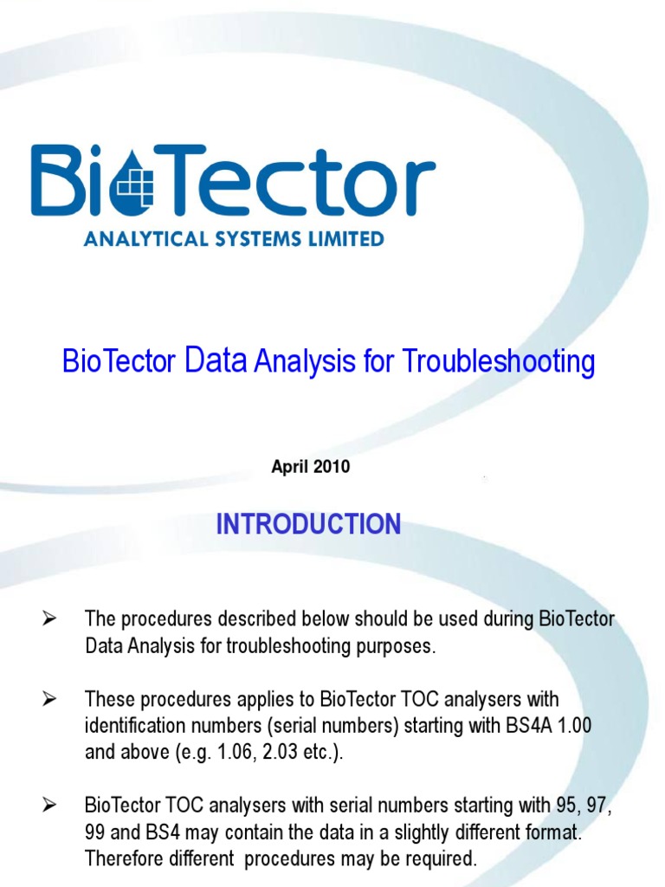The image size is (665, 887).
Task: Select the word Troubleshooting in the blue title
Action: (498, 361)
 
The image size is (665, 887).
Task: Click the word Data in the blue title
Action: (216, 360)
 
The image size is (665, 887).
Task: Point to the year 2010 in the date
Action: (332, 467)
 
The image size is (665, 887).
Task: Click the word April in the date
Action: (290, 467)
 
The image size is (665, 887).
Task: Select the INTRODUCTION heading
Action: (308, 524)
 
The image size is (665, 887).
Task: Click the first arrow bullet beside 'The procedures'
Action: (49, 618)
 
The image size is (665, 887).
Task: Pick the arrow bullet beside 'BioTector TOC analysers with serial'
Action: (49, 806)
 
